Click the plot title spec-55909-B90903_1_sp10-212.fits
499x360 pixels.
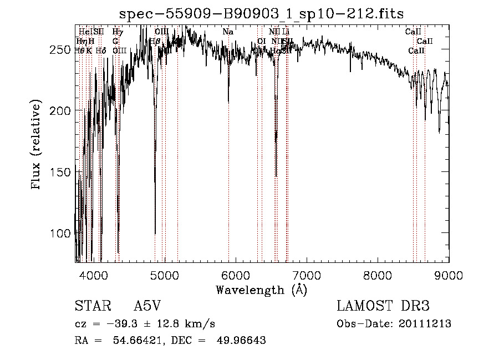coord(262,13)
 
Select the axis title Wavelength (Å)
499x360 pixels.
coord(262,290)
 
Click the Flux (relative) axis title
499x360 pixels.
coord(37,146)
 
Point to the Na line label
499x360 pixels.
coord(227,32)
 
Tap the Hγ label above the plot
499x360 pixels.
coord(118,32)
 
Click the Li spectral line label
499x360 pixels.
coord(286,32)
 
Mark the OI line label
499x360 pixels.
coord(262,41)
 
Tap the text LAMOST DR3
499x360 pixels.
coord(383,306)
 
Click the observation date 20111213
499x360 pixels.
coord(424,324)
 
